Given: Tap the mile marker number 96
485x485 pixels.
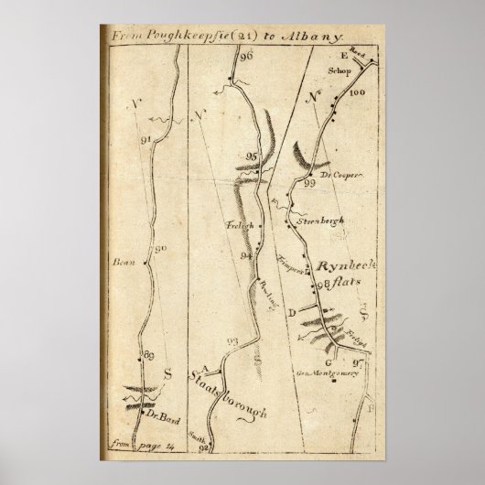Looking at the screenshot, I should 244,57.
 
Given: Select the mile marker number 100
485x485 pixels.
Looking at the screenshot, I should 357,93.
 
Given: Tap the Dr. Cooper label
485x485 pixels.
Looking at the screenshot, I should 336,173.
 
